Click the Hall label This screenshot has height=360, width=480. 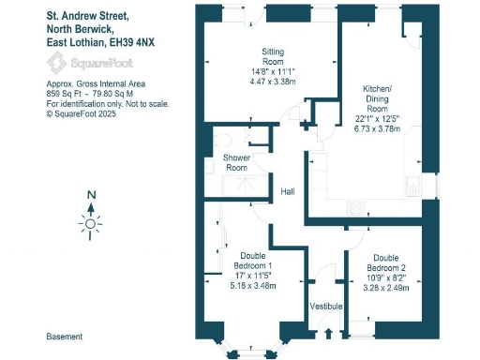click(289, 192)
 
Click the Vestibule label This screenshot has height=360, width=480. click(326, 307)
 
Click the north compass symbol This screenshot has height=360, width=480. click(90, 223)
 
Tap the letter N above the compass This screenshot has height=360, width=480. click(90, 196)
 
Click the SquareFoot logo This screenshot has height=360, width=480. click(89, 64)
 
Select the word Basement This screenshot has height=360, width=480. click(65, 336)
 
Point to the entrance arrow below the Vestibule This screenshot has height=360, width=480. click(328, 332)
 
